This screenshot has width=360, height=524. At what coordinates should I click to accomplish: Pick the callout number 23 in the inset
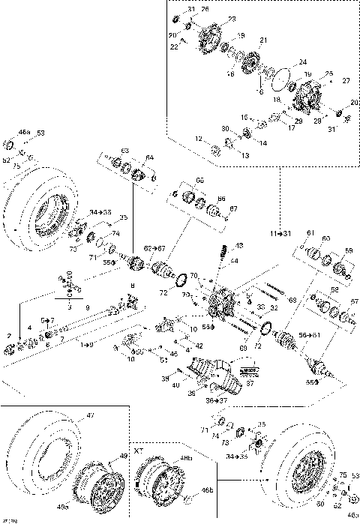pos(231,18)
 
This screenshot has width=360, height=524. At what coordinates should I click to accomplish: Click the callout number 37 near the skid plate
pos(251,383)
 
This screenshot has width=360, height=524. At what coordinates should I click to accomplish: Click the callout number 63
pos(125,151)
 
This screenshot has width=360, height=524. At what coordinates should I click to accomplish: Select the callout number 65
pos(199,181)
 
